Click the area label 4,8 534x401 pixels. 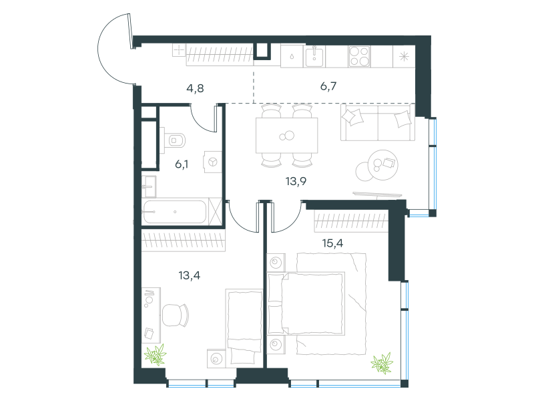pos(195,88)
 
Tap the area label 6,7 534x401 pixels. pos(328,86)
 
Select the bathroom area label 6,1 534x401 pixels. pos(182,164)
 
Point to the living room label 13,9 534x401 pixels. pos(296,181)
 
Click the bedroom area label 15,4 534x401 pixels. pos(332,243)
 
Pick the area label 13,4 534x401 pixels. pos(190,275)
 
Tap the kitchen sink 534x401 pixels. pos(314,56)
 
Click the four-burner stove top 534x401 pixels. pos(359,56)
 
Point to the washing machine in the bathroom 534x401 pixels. pos(212,162)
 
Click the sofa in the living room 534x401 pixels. pos(378,122)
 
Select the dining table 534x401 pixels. pos(287,136)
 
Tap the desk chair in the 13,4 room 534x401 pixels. pos(175,315)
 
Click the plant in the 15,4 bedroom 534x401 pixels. pos(382,363)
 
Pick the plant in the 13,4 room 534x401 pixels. pos(156,355)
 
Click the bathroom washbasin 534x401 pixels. pos(149,186)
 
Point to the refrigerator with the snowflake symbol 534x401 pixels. pos(404,56)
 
